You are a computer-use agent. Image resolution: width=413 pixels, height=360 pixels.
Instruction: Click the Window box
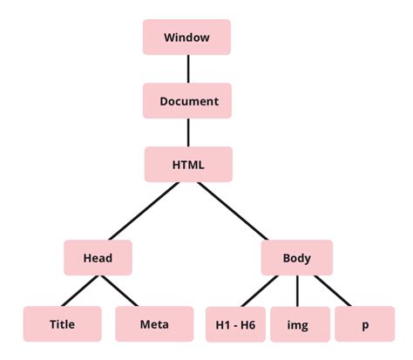(x=187, y=37)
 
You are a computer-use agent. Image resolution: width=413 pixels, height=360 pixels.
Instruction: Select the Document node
(x=187, y=101)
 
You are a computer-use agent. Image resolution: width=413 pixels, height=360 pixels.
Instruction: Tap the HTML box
(x=187, y=164)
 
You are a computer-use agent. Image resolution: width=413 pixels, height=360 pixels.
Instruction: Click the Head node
(x=98, y=257)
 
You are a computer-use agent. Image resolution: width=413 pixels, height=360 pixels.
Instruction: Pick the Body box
(x=296, y=257)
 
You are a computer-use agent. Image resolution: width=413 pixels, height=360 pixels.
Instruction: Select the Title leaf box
(x=62, y=324)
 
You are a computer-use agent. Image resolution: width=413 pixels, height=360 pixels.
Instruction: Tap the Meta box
(x=154, y=324)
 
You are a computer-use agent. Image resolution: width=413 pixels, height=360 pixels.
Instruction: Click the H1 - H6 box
(x=235, y=324)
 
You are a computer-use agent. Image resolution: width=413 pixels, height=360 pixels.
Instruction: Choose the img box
(x=300, y=324)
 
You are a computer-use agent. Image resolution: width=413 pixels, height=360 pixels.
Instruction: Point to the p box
(x=364, y=324)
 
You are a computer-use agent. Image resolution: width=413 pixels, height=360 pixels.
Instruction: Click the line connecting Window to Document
(x=187, y=69)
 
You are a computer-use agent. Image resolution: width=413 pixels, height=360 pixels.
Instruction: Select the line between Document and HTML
(x=187, y=132)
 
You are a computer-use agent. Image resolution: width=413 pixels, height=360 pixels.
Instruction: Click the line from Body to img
(x=298, y=290)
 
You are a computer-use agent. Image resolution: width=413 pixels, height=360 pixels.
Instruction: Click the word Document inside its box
(x=188, y=101)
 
